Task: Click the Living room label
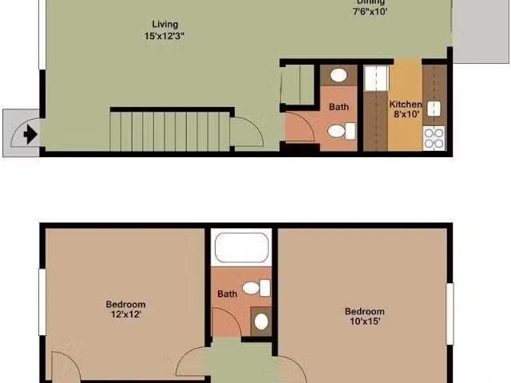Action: (x=165, y=25)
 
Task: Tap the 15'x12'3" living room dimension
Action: (x=165, y=37)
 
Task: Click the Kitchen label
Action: (x=405, y=105)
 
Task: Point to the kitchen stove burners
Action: (x=434, y=139)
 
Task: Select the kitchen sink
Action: (x=434, y=109)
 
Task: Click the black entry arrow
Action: (x=30, y=134)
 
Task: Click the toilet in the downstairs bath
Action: (x=342, y=131)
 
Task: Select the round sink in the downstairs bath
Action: (x=339, y=76)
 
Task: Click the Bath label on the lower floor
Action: (x=339, y=107)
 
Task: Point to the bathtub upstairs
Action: (x=241, y=247)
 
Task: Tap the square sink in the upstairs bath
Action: (x=261, y=322)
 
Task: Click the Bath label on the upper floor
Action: (x=228, y=294)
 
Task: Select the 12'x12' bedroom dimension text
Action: (x=125, y=314)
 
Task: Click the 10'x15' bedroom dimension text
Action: (x=364, y=322)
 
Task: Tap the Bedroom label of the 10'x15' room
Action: (x=364, y=311)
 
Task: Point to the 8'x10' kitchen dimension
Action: (x=405, y=115)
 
